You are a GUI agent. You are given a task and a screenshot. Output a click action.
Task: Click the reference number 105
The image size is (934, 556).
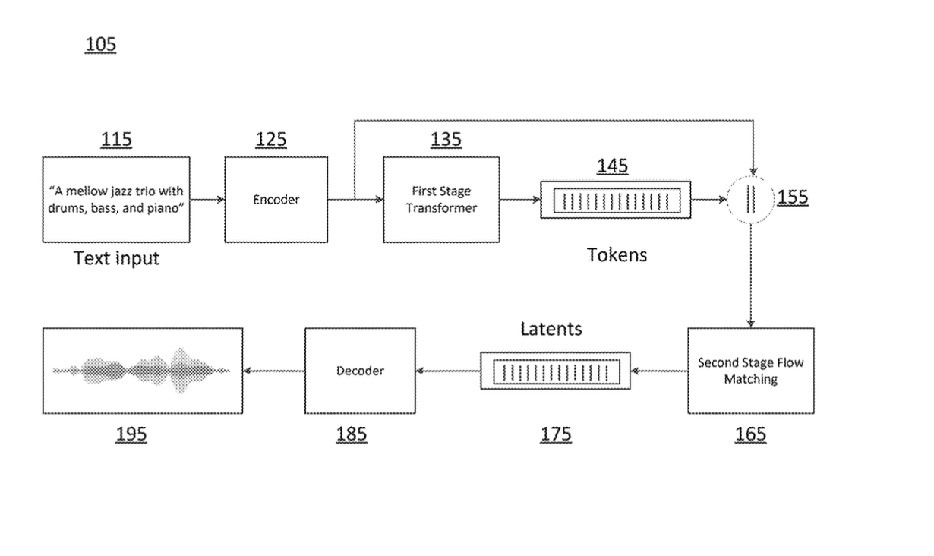coord(100,45)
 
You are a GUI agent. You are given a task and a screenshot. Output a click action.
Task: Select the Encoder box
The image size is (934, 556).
coord(276,200)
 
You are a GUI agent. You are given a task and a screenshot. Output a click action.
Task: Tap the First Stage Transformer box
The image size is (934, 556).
coord(441,200)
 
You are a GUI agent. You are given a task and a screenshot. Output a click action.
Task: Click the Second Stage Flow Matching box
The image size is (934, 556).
coord(750,371)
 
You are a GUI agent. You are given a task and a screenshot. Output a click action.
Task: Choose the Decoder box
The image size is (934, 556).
coord(360,371)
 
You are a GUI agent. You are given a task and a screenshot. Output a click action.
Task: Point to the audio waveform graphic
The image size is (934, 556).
coord(143,371)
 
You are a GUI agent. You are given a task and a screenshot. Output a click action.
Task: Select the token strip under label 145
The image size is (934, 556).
coord(615,201)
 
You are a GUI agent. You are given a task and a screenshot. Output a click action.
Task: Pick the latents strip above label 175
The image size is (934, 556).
coord(556,371)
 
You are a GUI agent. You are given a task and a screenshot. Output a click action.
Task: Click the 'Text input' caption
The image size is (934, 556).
coord(116,258)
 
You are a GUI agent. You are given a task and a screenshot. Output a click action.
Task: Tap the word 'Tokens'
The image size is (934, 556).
coord(617,255)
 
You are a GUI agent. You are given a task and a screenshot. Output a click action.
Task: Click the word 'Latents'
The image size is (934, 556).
coord(551,329)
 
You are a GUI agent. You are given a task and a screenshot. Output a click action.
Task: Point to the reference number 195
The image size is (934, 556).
coord(131,434)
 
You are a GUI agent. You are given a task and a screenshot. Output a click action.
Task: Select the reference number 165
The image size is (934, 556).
coord(750,434)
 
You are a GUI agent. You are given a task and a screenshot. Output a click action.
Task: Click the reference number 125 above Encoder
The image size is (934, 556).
coord(271,140)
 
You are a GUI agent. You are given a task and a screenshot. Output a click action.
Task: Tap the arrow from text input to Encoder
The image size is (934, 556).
coord(207,200)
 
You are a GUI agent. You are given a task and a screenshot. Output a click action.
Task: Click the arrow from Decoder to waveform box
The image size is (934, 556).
coord(274,371)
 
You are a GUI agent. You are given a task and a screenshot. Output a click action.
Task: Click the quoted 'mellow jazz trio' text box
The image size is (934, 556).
coord(116,200)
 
